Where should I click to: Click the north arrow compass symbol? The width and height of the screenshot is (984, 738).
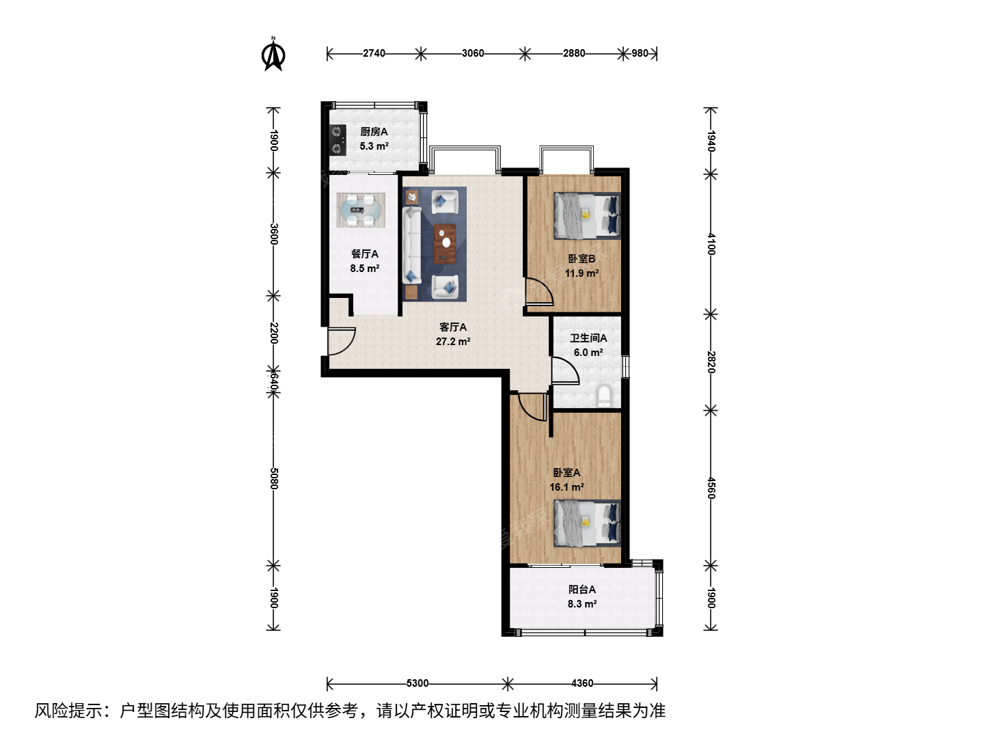(273, 55)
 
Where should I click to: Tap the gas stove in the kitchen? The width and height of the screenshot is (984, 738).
(337, 140)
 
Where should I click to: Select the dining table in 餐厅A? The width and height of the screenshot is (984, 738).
(361, 210)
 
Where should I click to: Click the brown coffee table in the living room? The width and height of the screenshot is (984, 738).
(445, 243)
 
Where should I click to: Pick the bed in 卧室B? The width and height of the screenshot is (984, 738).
(587, 215)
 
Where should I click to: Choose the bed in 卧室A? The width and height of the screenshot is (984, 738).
(587, 523)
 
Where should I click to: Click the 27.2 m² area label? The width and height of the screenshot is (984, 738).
(453, 342)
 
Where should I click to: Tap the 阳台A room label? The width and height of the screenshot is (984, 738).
(582, 589)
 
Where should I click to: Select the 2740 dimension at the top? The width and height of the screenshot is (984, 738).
(374, 53)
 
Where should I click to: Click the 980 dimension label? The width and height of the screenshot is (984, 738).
(640, 53)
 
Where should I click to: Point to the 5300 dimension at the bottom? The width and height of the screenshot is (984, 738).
(418, 683)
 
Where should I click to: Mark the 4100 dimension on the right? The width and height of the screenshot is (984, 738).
(711, 244)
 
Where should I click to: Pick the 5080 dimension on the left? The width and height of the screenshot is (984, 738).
(274, 478)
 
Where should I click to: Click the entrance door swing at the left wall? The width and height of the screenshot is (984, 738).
(341, 342)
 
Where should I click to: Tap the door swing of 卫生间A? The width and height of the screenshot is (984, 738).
(566, 370)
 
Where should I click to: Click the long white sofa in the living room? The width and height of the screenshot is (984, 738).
(411, 245)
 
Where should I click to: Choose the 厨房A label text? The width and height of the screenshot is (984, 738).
(374, 132)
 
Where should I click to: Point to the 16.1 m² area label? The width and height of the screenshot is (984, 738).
(566, 487)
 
